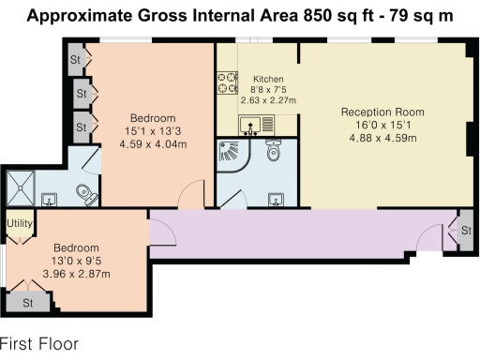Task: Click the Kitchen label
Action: tap(256, 79)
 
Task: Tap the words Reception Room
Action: tap(385, 111)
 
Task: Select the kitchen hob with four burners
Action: tap(228, 82)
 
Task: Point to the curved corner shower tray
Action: tap(231, 157)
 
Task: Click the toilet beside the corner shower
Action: tap(274, 150)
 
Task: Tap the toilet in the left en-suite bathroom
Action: tap(86, 194)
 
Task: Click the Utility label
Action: tap(20, 224)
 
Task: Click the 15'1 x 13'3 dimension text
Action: tap(153, 131)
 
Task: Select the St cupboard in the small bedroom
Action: tap(28, 303)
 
